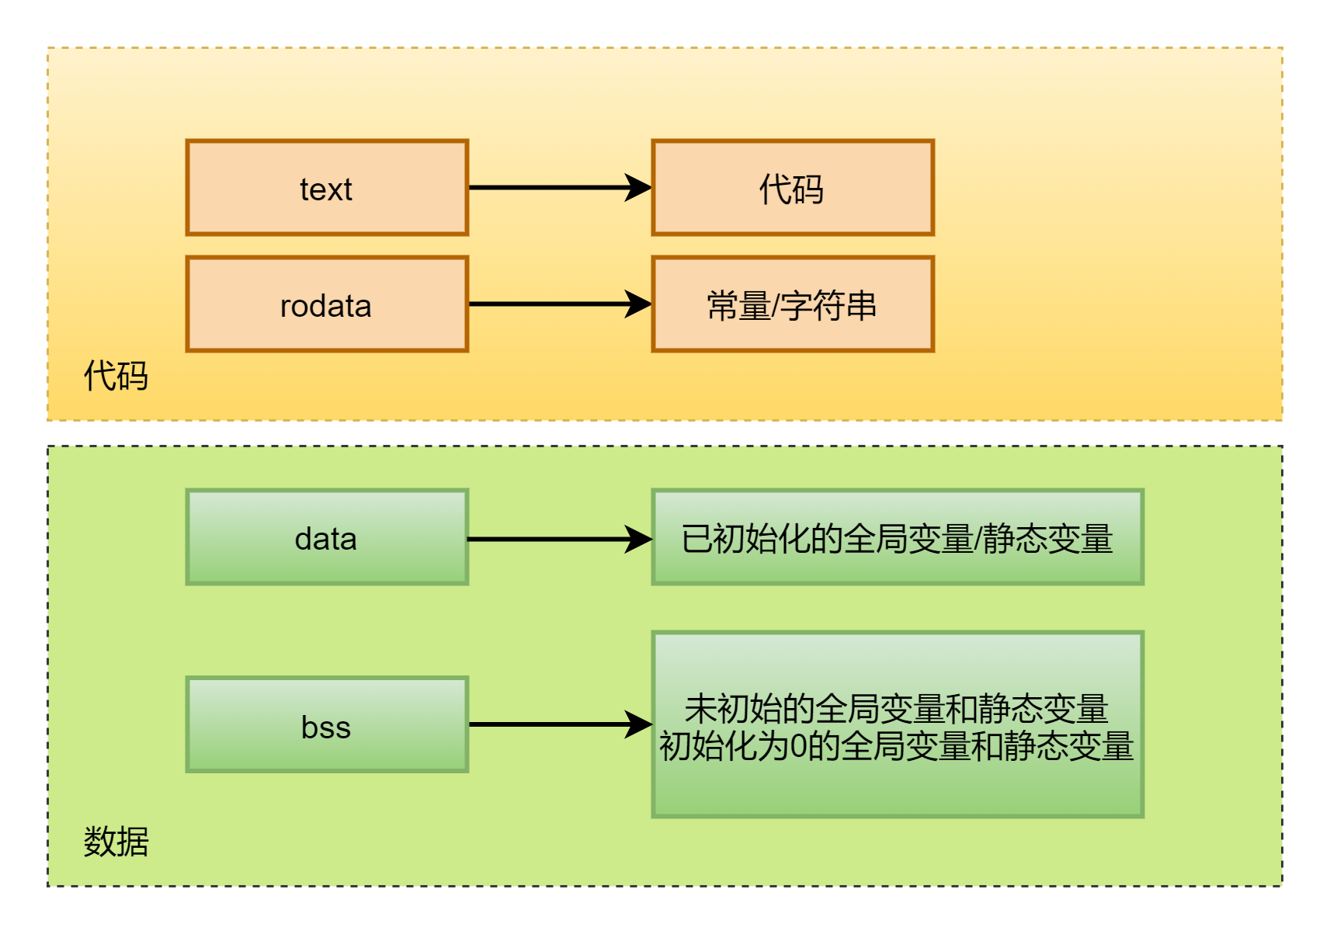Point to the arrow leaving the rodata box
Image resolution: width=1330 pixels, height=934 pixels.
click(559, 304)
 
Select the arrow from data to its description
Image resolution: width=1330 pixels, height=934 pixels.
click(559, 539)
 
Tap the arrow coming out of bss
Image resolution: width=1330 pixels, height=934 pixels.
click(559, 724)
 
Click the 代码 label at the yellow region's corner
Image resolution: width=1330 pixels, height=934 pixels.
click(116, 376)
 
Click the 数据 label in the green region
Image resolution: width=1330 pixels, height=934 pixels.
click(116, 842)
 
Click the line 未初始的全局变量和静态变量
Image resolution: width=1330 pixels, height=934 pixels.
click(897, 709)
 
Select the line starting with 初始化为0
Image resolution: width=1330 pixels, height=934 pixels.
click(897, 747)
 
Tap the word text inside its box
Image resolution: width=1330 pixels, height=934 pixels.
click(326, 189)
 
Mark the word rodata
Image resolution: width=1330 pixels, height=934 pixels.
click(326, 306)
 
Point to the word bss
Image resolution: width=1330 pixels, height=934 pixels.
click(326, 727)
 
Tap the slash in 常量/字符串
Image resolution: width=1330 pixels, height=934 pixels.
click(774, 306)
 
